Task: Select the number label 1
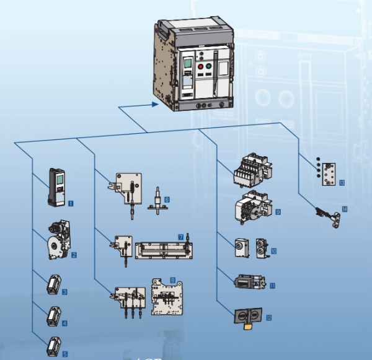click(71, 203)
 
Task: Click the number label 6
click(166, 199)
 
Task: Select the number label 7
click(180, 237)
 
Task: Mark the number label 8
click(173, 281)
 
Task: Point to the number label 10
click(273, 252)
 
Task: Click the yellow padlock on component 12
click(246, 321)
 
